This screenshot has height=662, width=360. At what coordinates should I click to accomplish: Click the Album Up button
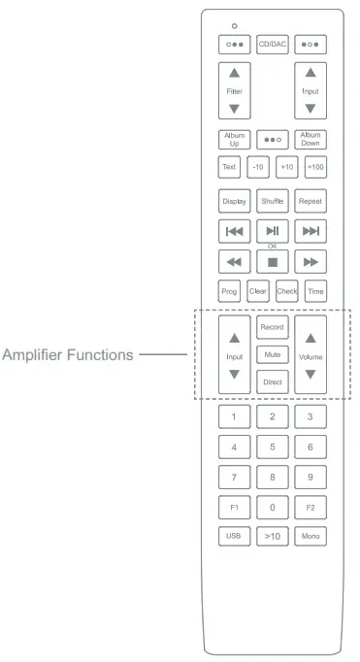233,139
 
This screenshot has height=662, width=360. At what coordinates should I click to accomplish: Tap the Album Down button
311,139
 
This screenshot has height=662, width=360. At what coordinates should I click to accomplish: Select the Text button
229,167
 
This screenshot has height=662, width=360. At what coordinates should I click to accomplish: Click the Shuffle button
272,202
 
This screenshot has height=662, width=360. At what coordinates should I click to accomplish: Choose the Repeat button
311,202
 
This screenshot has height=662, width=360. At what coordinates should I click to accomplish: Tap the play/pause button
272,232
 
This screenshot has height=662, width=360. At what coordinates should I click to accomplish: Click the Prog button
229,291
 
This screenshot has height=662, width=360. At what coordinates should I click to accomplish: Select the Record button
272,327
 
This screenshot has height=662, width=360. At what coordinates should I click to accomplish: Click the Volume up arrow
311,339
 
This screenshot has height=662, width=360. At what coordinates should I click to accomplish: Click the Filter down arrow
233,109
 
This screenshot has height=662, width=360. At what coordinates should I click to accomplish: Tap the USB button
233,536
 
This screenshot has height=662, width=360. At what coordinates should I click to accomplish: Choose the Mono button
311,536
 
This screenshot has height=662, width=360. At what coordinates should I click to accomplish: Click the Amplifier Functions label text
68,355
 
